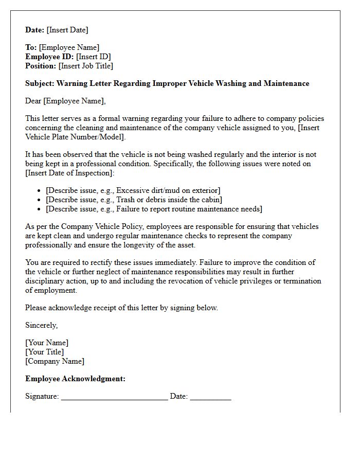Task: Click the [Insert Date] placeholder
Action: [67, 30]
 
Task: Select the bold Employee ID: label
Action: [50, 57]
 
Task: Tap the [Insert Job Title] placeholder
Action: [85, 66]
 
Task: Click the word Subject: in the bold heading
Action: [40, 83]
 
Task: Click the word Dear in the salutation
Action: [33, 101]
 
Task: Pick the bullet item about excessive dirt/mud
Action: [133, 190]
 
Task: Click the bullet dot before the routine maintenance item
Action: [40, 209]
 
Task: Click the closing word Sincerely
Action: [41, 325]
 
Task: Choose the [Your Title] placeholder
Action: [45, 352]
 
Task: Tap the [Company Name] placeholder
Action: [55, 361]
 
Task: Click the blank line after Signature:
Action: [114, 397]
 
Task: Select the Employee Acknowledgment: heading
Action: [75, 379]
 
